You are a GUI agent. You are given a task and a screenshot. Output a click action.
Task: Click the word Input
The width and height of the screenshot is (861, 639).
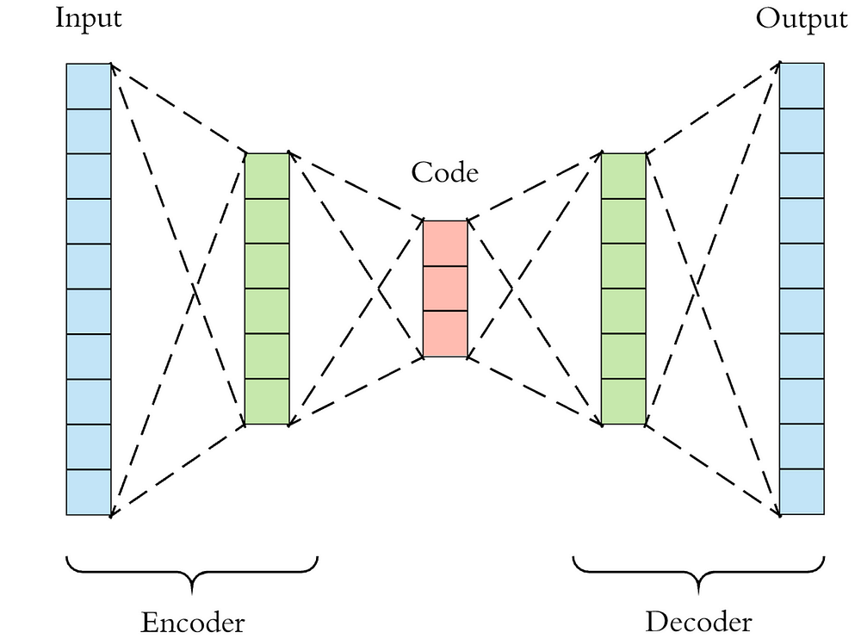[x=89, y=19]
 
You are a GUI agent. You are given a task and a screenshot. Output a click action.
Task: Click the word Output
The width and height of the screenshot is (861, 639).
[x=802, y=19]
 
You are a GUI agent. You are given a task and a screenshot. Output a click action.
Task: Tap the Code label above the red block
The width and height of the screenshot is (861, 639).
[x=444, y=172]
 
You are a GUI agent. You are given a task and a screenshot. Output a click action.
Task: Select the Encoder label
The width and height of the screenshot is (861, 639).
[x=192, y=622]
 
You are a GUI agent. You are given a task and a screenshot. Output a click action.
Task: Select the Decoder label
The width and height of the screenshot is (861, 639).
[x=698, y=622]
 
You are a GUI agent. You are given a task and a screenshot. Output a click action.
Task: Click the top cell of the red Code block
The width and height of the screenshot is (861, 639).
[x=445, y=243]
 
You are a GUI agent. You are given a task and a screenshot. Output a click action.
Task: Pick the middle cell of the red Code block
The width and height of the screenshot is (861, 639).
[x=445, y=288]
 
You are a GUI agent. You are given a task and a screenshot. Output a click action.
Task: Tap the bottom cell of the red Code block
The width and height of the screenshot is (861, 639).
[x=445, y=333]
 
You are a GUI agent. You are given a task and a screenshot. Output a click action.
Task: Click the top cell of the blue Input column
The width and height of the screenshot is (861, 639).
[x=89, y=86]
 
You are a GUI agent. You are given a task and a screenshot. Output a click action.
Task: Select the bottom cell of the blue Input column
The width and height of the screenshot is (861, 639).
[x=89, y=492]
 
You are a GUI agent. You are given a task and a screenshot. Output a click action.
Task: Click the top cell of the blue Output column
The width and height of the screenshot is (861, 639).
[x=802, y=86]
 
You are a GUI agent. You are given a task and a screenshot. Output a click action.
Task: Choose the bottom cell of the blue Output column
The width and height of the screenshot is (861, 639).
[x=802, y=492]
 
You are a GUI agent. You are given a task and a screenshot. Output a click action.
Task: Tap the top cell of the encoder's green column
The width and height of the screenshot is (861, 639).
[x=267, y=176]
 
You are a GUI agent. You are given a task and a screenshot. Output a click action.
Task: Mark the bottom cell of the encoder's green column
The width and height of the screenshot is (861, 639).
[x=267, y=401]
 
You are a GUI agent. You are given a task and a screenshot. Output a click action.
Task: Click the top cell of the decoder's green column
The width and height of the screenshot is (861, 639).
[x=623, y=176]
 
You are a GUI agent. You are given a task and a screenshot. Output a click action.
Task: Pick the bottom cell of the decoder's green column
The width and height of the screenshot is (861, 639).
[x=623, y=401]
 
